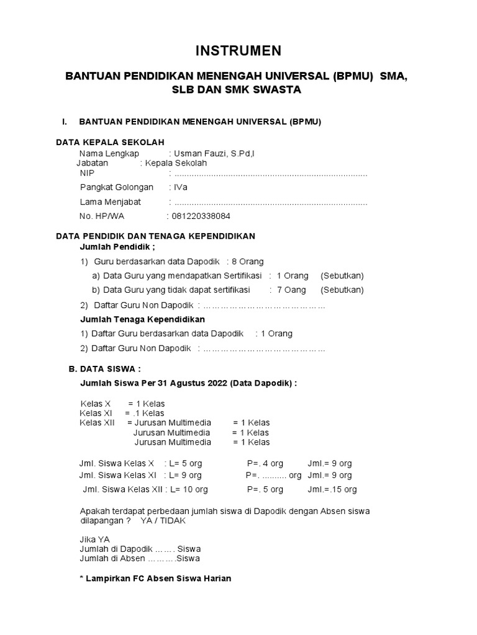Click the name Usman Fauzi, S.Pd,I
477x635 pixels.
click(x=210, y=153)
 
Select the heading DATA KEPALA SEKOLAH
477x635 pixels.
click(x=110, y=142)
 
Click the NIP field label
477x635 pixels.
click(x=88, y=174)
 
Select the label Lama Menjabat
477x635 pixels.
click(x=111, y=202)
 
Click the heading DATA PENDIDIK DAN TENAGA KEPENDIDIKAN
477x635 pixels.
click(x=155, y=236)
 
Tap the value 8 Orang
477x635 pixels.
click(x=247, y=262)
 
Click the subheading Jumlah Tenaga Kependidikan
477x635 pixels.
click(x=143, y=319)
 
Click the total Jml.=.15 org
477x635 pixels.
click(x=332, y=489)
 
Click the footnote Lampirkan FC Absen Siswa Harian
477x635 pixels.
click(x=152, y=579)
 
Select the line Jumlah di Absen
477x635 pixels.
click(x=140, y=558)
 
